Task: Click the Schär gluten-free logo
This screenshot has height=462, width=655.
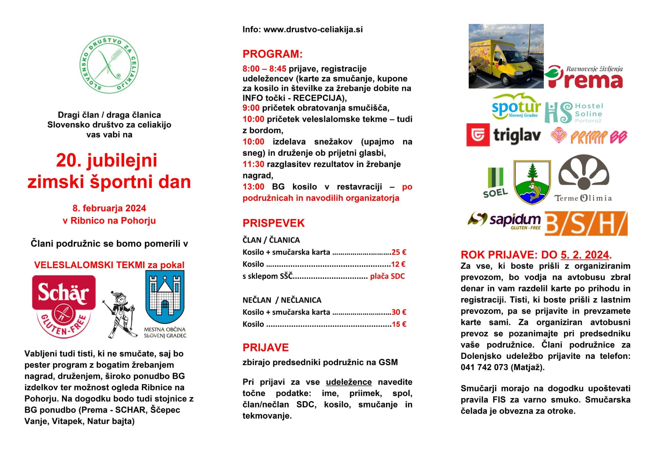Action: point(64,306)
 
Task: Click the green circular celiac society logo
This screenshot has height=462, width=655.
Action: point(109,65)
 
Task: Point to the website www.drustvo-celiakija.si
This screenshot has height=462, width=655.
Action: point(313,30)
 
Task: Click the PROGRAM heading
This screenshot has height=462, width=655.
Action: point(272,54)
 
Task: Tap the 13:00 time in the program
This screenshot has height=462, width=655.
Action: point(253,187)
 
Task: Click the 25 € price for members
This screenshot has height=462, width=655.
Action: point(399,252)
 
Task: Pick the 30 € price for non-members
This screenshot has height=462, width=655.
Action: point(399,312)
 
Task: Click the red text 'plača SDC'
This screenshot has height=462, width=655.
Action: point(387,276)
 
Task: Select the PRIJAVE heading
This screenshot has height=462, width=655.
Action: point(266,348)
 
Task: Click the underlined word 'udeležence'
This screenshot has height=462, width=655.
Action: point(349,382)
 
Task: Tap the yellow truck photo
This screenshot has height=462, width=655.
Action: point(506,56)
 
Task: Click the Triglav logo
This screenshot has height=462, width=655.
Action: point(504,135)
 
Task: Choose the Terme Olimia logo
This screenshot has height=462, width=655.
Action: point(583,178)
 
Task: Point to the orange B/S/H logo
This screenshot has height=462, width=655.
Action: point(586,224)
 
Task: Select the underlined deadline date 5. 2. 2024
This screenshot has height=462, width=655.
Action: point(585,255)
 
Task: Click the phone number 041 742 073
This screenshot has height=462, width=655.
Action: point(484,368)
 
